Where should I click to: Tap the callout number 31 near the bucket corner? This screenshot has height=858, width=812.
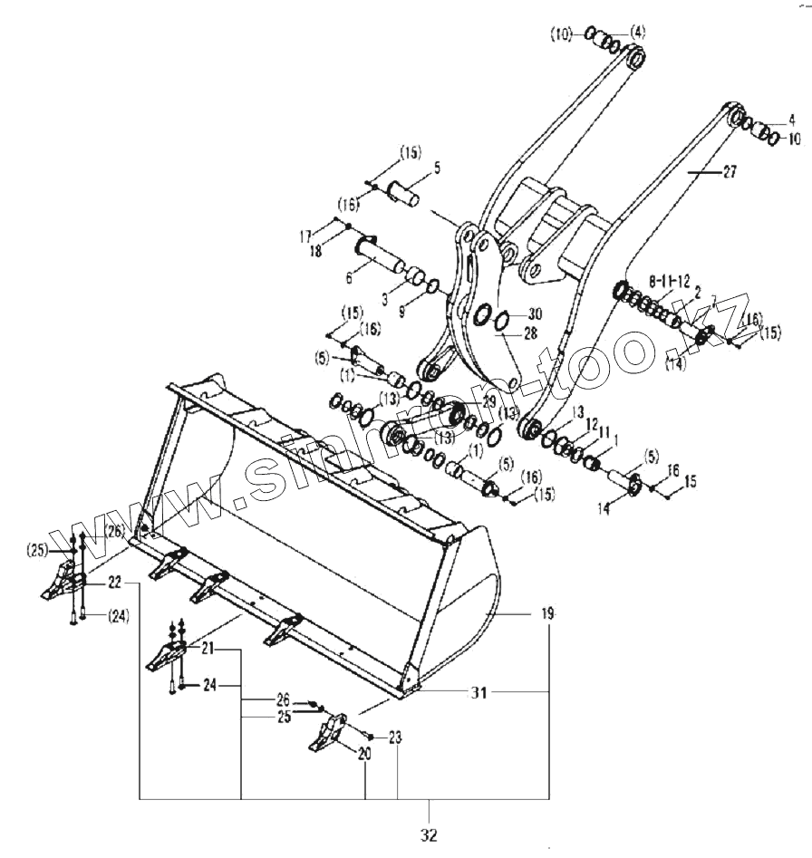click(478, 693)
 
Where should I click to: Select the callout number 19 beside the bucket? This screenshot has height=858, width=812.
click(547, 614)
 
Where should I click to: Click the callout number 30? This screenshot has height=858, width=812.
click(534, 313)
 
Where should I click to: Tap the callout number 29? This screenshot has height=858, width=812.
click(488, 400)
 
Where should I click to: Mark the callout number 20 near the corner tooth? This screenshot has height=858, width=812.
click(365, 752)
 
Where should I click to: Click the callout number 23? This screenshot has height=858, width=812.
click(396, 737)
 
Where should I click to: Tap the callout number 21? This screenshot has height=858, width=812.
click(208, 649)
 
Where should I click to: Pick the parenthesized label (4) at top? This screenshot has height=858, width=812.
click(638, 33)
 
